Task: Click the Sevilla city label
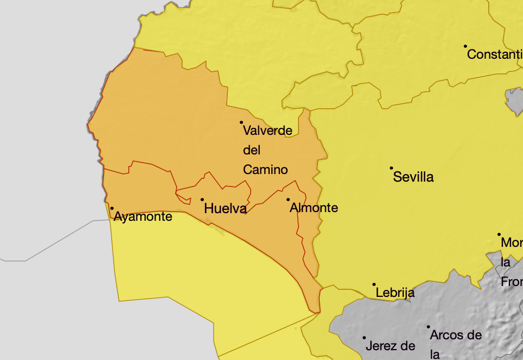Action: click(413, 177)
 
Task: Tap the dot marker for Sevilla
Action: click(391, 168)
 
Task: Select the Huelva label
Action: click(225, 208)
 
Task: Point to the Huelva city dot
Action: click(202, 200)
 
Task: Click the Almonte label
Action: click(314, 208)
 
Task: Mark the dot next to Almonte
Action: click(288, 200)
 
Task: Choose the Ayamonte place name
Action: click(143, 217)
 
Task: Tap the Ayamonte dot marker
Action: click(112, 208)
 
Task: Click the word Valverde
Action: click(267, 131)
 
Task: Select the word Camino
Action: click(265, 170)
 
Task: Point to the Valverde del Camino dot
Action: click(241, 122)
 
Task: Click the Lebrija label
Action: click(395, 293)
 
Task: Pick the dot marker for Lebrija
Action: click(374, 284)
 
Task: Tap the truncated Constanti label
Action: click(494, 54)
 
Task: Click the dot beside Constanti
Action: click(465, 46)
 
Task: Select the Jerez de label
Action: click(390, 346)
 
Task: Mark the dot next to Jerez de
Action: click(364, 338)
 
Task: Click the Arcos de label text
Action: click(456, 335)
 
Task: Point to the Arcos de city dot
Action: click(428, 327)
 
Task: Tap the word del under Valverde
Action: click(252, 150)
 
